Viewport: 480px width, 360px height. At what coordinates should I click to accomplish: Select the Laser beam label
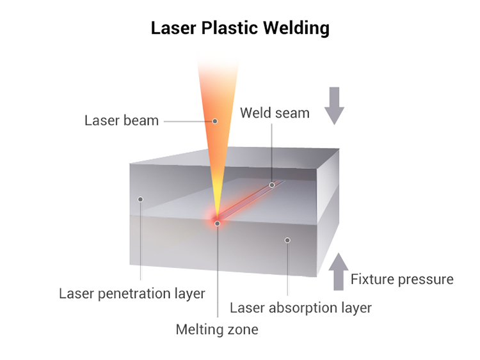122,120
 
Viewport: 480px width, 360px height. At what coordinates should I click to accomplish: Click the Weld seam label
275,113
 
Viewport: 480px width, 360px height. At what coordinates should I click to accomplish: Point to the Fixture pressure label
402,279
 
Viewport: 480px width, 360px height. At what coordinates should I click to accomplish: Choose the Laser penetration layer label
132,293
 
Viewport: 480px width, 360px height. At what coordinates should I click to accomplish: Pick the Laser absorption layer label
301,308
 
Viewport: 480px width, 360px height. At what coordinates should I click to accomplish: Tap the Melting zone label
217,330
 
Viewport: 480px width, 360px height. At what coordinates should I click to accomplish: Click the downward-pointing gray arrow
334,106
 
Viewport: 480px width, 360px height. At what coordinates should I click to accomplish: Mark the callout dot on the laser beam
215,120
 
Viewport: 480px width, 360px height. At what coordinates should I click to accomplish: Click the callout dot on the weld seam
272,185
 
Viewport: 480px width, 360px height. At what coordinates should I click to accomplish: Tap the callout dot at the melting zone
218,223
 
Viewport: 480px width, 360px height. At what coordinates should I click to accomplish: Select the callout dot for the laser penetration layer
140,199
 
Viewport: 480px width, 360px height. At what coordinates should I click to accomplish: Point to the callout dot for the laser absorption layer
287,240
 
